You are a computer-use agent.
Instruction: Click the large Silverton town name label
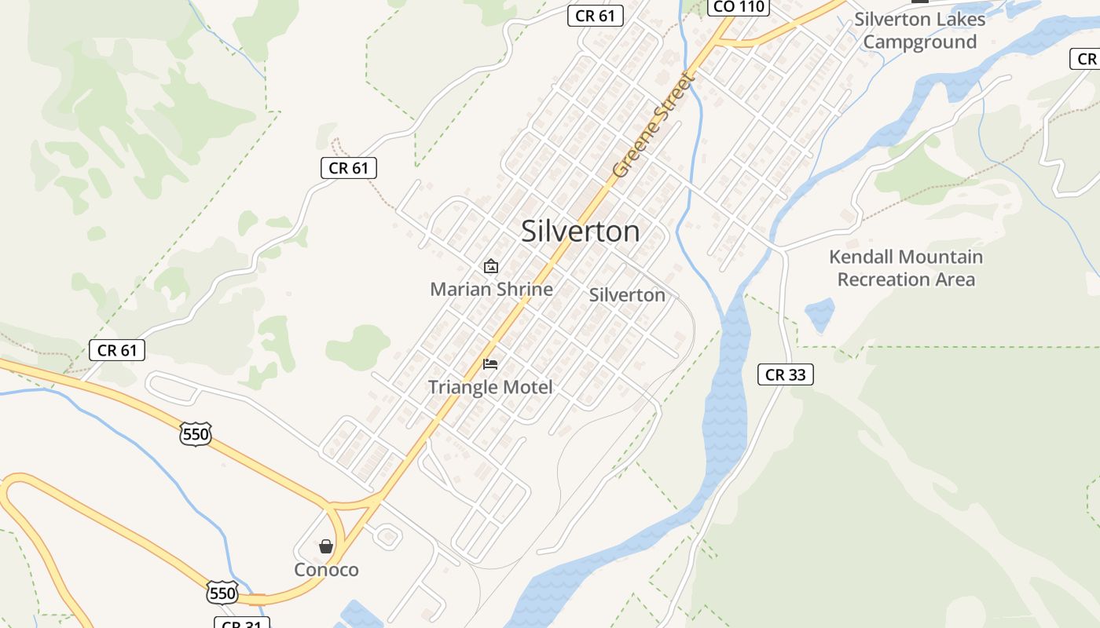click(x=580, y=232)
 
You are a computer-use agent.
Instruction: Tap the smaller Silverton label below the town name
click(x=627, y=295)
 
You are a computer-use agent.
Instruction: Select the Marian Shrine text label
click(x=491, y=289)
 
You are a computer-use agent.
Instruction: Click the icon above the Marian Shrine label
click(x=491, y=266)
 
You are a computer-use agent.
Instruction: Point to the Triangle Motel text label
click(x=490, y=387)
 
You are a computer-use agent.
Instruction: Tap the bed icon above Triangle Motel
click(x=490, y=364)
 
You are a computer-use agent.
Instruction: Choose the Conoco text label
click(x=326, y=570)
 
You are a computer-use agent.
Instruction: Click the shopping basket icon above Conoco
click(x=326, y=546)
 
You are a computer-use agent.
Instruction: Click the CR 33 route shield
click(x=785, y=375)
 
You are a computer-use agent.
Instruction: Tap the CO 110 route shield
click(x=739, y=7)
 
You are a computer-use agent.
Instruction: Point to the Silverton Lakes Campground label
click(x=919, y=31)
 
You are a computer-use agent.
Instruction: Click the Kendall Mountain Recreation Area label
click(x=906, y=268)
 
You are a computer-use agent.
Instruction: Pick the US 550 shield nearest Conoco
click(x=222, y=593)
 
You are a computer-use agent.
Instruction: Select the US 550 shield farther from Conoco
click(x=195, y=434)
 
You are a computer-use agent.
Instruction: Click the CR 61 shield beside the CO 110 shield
click(x=596, y=15)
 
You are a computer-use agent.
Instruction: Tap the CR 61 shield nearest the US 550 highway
click(x=117, y=350)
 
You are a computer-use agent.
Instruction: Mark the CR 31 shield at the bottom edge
click(x=242, y=623)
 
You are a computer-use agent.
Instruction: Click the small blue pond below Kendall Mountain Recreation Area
click(x=819, y=315)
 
